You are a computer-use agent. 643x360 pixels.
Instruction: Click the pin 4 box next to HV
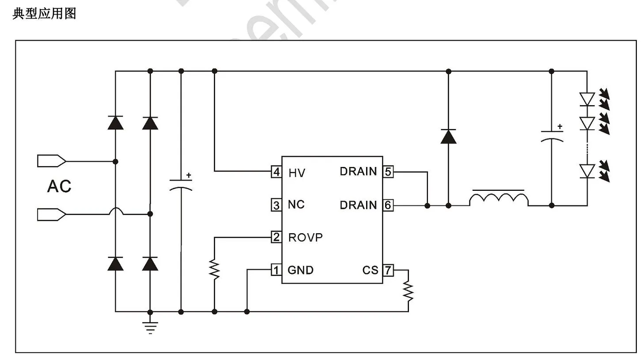[276, 172]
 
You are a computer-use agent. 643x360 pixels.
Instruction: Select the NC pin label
[296, 205]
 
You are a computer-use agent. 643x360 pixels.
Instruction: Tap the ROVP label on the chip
[305, 237]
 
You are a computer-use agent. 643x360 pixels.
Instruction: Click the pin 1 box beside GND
[276, 270]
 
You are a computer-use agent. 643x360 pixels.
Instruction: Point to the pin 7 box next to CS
[388, 270]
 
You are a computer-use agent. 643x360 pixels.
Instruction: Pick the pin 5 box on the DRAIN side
[388, 172]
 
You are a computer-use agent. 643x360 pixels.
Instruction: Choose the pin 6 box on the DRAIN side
[388, 205]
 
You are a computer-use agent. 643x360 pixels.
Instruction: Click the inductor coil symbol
[499, 199]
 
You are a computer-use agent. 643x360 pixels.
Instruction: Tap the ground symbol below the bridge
[150, 327]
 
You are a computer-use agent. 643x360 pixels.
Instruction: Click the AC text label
[59, 186]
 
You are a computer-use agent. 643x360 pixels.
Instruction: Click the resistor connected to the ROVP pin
[215, 269]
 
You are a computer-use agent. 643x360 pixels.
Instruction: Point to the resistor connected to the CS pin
[408, 291]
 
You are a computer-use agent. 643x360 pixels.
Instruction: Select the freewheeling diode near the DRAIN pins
[448, 136]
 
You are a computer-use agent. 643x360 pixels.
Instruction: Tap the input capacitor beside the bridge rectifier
[181, 186]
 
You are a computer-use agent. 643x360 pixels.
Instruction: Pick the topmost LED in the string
[587, 99]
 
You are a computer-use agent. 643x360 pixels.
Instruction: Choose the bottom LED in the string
[587, 171]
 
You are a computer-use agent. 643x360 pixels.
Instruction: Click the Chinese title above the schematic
[44, 14]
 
